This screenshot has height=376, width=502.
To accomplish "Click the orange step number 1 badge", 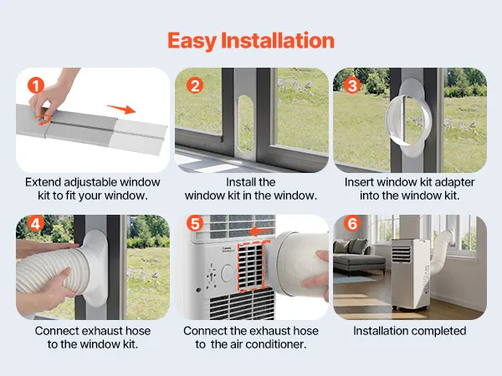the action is coord(35,85).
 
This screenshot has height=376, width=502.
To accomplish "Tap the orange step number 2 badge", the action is coord(195,85).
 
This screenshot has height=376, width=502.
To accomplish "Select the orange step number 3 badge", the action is coord(352,85).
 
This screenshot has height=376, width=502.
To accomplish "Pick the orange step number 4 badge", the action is coord(35,223).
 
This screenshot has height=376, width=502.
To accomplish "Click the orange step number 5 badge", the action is coord(195,223).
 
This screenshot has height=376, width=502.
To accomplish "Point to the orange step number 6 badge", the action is coord(352,223).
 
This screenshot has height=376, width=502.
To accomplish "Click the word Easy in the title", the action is coord(192,41).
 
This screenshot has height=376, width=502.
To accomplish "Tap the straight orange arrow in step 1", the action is coord(121,109).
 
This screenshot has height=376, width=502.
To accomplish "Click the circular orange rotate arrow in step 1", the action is coord(44,119).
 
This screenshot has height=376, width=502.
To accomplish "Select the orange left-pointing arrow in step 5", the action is coord(260,231).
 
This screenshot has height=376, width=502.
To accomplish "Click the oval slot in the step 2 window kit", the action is coord(246,123).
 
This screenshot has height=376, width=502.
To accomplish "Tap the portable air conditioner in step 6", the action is coord(411,274).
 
